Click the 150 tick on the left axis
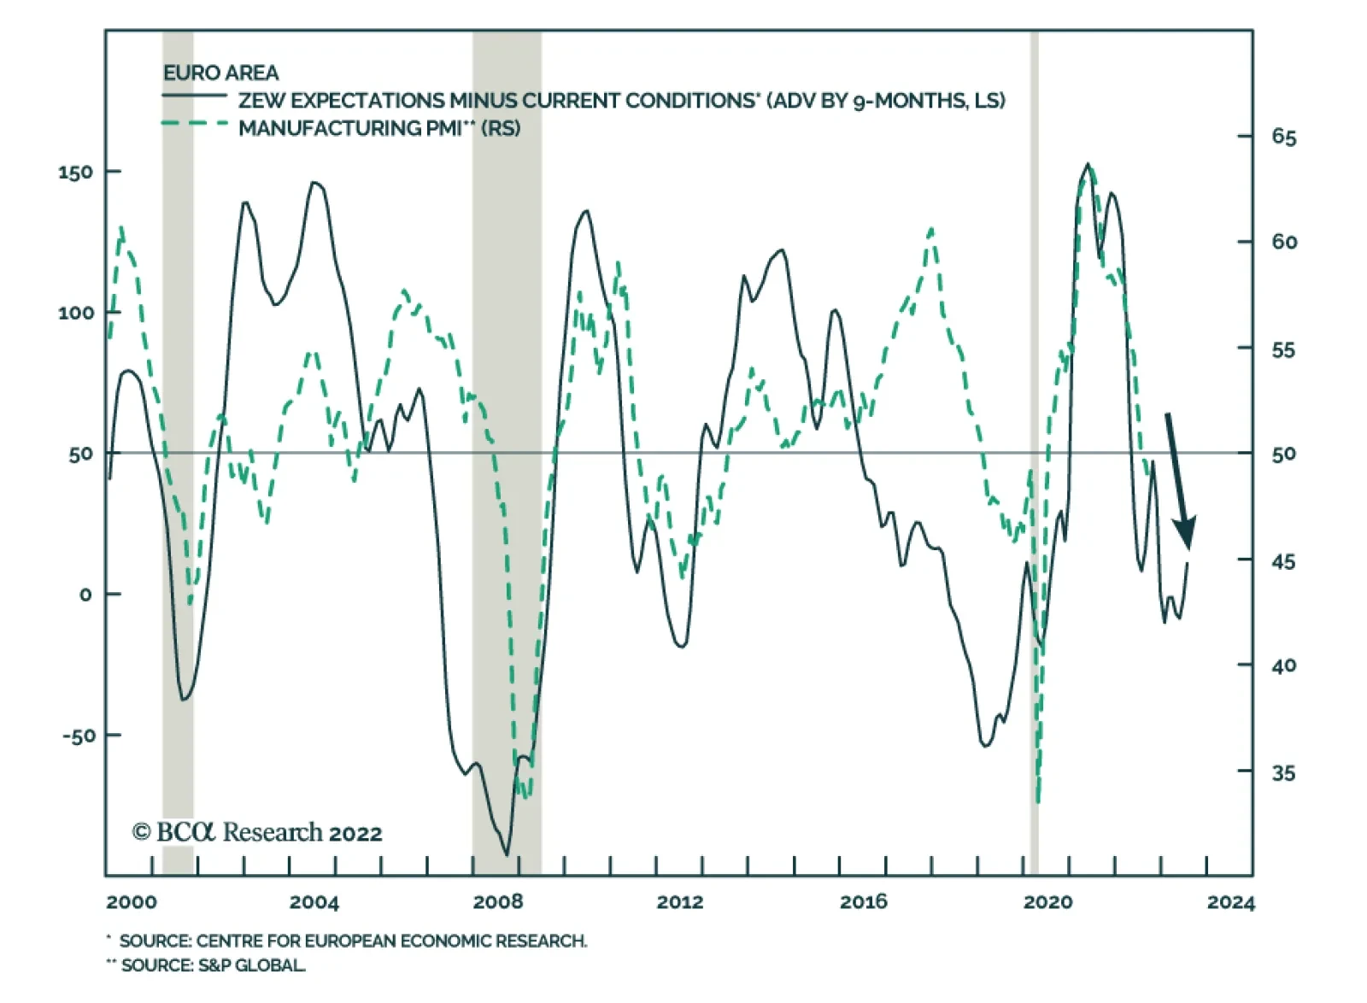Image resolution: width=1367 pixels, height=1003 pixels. click(75, 172)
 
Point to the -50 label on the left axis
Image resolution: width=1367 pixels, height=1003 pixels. click(79, 736)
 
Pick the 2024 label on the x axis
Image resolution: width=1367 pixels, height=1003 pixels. click(1230, 902)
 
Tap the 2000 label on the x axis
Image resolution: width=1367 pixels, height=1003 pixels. click(132, 902)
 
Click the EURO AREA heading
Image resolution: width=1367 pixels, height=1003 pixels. click(220, 73)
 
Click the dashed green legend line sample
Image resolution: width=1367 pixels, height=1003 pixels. click(196, 125)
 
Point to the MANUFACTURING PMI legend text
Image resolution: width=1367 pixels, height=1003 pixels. click(378, 128)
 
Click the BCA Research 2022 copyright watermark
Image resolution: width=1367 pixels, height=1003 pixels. click(257, 832)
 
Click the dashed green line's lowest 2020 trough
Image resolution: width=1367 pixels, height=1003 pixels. click(1038, 801)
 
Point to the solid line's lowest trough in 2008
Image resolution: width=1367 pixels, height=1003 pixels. click(507, 853)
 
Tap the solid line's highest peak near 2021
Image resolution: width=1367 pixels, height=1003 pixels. click(1088, 164)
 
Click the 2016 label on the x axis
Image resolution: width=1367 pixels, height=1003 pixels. click(863, 902)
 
